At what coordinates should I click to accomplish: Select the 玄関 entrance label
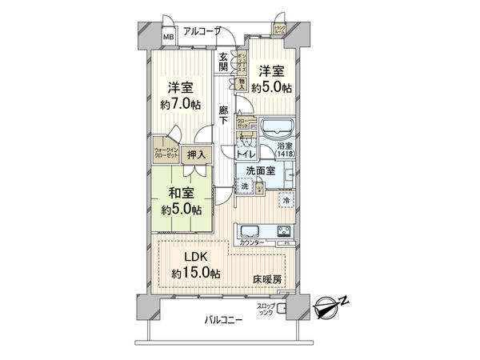pos(224,62)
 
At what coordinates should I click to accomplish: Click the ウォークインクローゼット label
pos(167,152)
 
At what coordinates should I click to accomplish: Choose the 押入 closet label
pos(196,155)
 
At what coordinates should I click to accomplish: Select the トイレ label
pos(246,154)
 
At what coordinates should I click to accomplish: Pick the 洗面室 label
pos(261,170)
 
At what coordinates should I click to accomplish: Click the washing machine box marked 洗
pos(245,186)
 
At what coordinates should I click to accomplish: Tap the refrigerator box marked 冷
pos(287,200)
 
